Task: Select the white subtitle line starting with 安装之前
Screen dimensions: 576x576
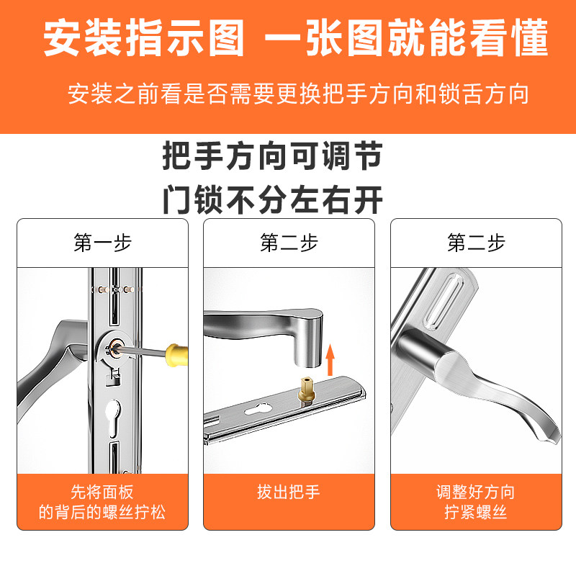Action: (298, 94)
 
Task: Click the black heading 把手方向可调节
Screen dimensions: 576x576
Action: (272, 156)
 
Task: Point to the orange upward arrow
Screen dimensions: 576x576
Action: (330, 359)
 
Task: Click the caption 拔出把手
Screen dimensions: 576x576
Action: (289, 492)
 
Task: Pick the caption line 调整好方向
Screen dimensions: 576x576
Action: (476, 492)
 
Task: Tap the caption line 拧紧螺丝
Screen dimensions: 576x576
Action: (476, 513)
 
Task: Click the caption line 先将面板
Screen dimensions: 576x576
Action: (102, 492)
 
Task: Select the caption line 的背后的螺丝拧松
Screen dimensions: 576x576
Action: (102, 513)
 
